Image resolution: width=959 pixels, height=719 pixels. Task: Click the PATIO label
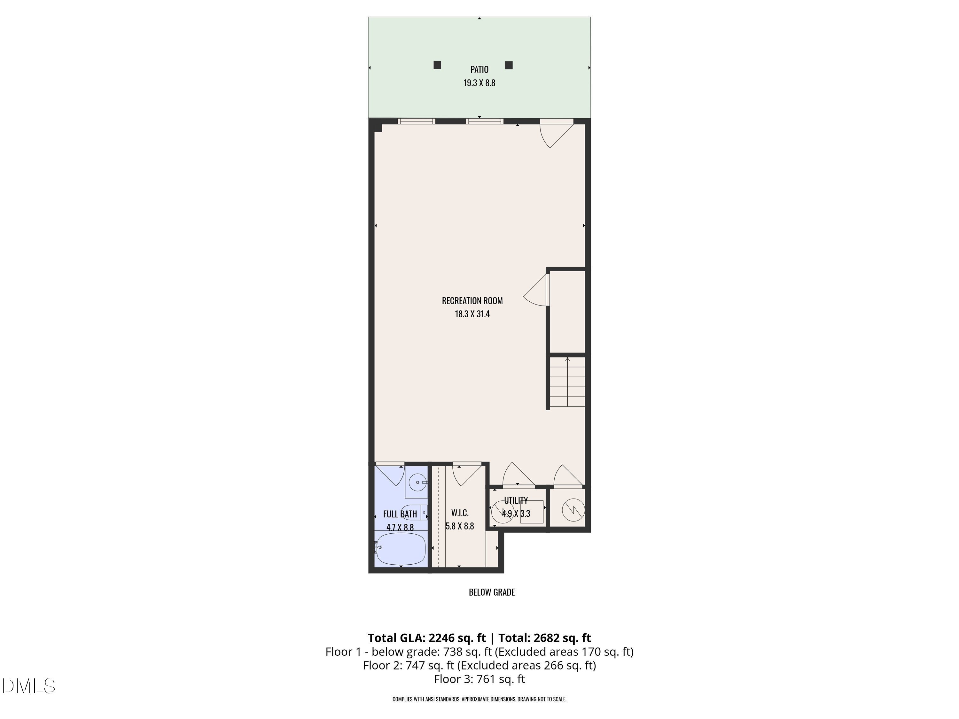[479, 69]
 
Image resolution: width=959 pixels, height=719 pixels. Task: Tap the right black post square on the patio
[509, 66]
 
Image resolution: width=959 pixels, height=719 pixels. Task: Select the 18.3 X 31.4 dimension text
[472, 314]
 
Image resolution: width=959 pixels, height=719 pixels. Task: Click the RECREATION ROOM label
[472, 301]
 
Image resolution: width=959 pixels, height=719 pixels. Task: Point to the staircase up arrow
[567, 360]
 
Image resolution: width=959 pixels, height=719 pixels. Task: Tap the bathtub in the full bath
[400, 549]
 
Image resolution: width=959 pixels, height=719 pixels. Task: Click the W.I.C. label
[460, 513]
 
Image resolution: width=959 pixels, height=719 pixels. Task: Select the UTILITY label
[516, 500]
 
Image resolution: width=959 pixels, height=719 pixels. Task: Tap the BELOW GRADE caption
[492, 592]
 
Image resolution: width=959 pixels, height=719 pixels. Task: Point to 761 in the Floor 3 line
[486, 679]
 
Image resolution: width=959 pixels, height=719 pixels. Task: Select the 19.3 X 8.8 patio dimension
[479, 83]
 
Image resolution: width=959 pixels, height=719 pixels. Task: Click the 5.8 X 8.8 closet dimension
[460, 526]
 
